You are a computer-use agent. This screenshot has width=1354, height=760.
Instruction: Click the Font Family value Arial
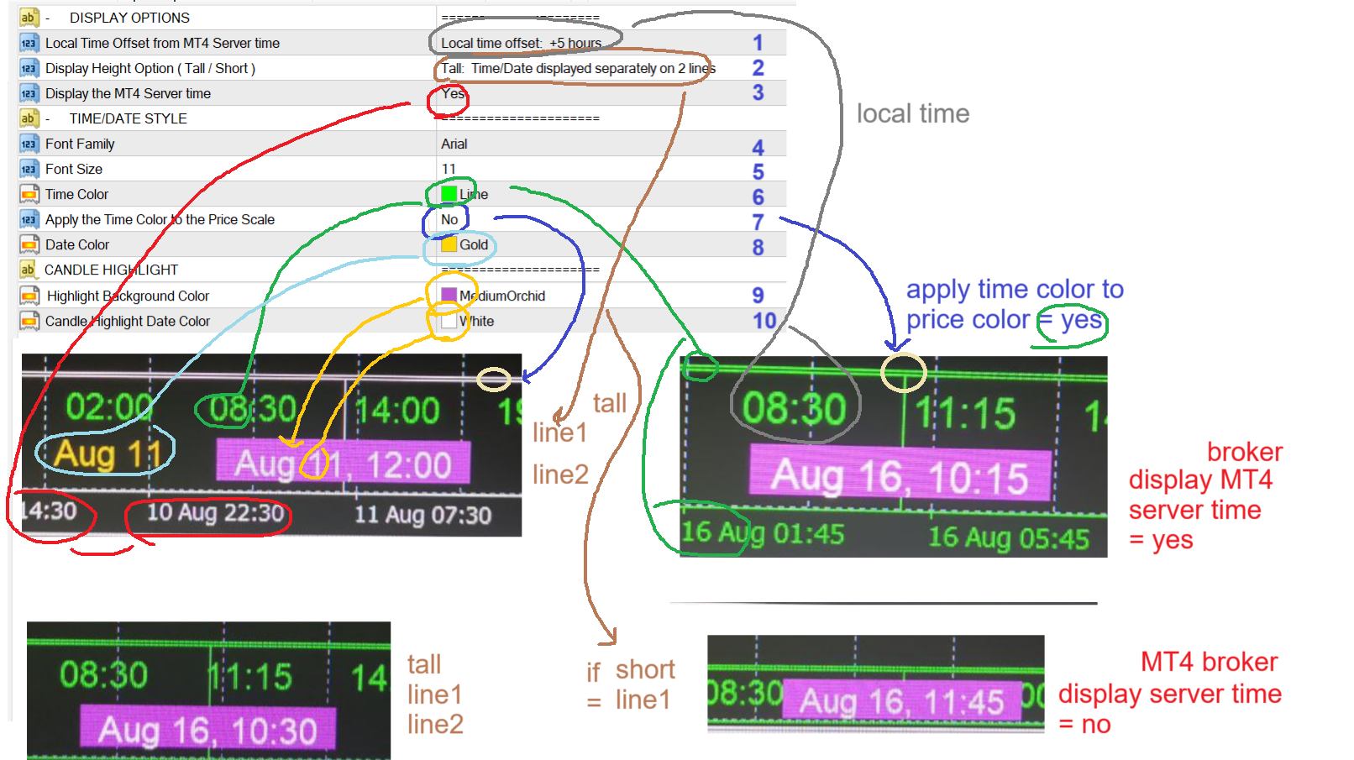(454, 144)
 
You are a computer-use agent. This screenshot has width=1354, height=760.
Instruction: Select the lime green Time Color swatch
(449, 194)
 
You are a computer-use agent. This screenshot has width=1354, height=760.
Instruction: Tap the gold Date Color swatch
(449, 244)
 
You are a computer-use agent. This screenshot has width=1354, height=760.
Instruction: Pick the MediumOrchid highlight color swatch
(449, 296)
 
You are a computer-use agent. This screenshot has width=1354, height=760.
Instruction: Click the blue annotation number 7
(758, 222)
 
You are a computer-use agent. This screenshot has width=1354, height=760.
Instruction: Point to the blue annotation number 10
(764, 321)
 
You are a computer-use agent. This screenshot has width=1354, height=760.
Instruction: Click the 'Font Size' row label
(74, 169)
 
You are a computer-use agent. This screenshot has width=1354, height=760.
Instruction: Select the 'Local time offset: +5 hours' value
(521, 43)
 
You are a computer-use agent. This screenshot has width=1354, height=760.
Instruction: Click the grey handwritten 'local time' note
(913, 113)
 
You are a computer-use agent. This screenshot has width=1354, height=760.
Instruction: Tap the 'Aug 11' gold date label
(108, 454)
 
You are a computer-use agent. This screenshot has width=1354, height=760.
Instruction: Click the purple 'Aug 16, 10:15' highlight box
(899, 476)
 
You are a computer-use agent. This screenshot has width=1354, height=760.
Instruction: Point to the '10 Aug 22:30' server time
(215, 512)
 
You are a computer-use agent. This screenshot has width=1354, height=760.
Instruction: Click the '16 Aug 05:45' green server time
(1008, 537)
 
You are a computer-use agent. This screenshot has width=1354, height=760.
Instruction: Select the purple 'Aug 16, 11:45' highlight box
(901, 701)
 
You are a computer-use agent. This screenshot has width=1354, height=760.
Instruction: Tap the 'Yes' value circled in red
(453, 93)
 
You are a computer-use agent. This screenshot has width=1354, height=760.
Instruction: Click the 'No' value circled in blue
(449, 219)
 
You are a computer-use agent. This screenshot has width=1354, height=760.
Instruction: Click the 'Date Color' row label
(77, 244)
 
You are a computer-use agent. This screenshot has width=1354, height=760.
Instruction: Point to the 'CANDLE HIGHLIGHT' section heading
(111, 270)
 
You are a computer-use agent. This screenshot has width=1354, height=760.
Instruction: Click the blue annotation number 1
(758, 42)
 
